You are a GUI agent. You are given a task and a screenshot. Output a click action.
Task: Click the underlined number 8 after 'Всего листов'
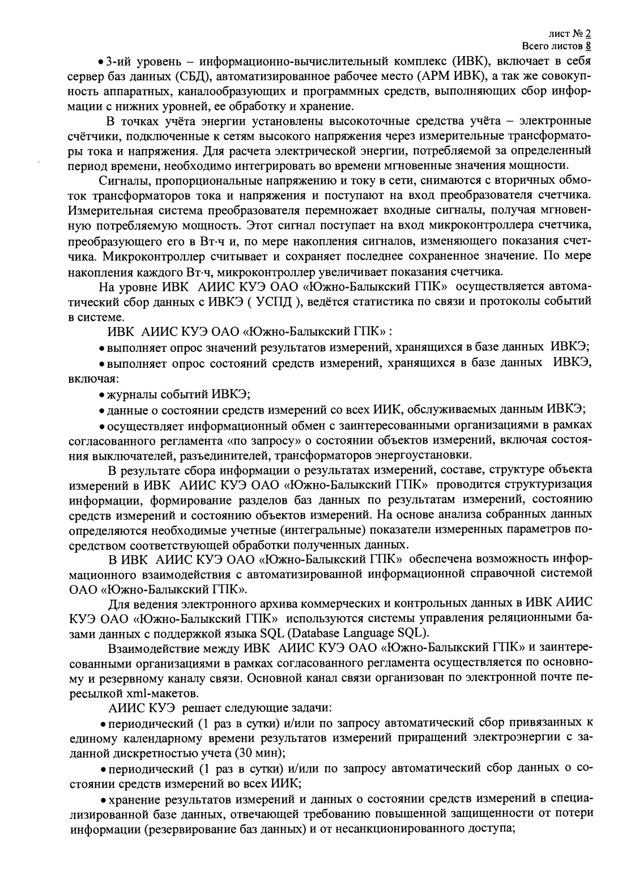[x=589, y=46]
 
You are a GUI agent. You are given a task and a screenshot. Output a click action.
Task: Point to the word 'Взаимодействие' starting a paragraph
[x=146, y=647]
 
